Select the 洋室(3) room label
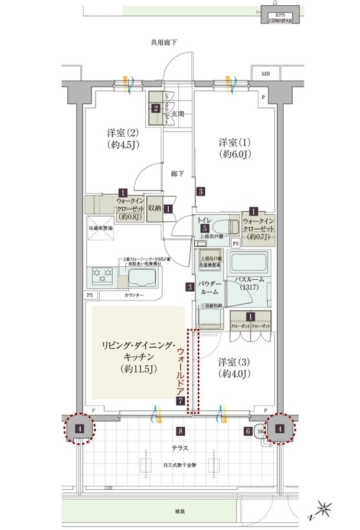click(x=235, y=367)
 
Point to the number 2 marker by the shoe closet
click(x=155, y=108)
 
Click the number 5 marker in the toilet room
click(x=203, y=228)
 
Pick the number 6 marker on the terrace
click(x=248, y=431)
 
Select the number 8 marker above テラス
click(x=181, y=431)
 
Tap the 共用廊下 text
click(x=163, y=42)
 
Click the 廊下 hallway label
click(x=178, y=175)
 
